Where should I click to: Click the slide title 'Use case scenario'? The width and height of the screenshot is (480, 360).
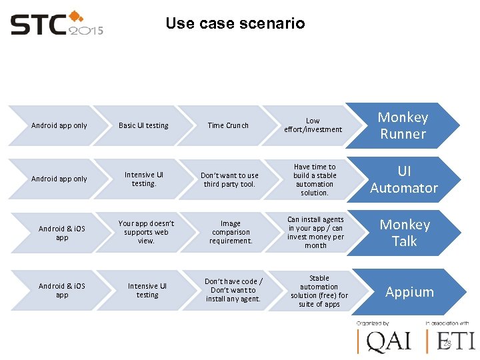tap(235, 23)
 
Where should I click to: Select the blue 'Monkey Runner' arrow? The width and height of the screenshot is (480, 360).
tap(403, 125)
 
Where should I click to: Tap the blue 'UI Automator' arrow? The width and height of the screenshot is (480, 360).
tap(403, 179)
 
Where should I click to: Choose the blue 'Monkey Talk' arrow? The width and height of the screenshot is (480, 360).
tap(404, 233)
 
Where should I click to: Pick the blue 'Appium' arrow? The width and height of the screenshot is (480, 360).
tap(409, 292)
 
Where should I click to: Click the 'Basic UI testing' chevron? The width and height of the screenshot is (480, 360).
tap(143, 125)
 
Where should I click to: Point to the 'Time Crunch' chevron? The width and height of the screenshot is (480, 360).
tap(228, 125)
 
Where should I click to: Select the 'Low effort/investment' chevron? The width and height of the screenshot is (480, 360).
tap(313, 125)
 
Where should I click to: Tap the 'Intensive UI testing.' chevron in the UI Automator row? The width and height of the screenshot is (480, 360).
tap(143, 179)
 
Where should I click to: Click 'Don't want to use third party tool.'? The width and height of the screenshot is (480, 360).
tap(230, 179)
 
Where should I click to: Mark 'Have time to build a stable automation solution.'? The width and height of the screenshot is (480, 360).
tap(315, 179)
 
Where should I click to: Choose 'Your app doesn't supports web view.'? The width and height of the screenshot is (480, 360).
tap(146, 232)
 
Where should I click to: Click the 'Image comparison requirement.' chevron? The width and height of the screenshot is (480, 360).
tap(231, 232)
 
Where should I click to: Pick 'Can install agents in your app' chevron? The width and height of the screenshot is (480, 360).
tap(315, 232)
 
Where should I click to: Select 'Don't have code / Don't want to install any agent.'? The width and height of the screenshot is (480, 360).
tap(233, 290)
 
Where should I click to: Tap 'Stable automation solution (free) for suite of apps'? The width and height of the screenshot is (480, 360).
tap(319, 291)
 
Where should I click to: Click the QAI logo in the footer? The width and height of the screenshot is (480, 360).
tap(384, 340)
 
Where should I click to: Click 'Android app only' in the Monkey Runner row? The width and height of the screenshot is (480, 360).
tap(59, 125)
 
